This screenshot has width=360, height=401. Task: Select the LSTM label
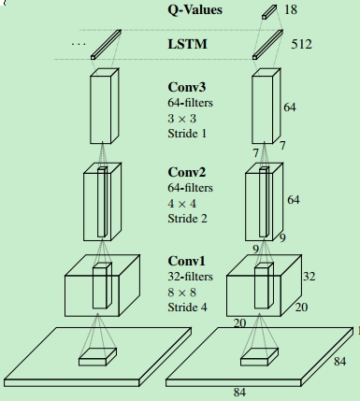pos(188,44)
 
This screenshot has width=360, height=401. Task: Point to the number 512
pos(302,44)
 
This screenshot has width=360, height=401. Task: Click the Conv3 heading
pos(187,88)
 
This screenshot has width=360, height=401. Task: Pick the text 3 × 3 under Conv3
pos(182,118)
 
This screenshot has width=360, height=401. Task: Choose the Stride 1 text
pos(187,133)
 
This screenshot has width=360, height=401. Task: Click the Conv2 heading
pos(187,173)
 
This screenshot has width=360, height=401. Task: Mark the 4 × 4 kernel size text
pos(182,203)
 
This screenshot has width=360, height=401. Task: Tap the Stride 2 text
pos(187,218)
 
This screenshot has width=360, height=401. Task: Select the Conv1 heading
pos(187,261)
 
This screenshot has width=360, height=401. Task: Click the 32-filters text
pos(190,276)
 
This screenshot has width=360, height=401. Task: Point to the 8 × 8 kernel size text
pos(182,292)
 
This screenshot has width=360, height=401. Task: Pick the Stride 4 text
pos(187,307)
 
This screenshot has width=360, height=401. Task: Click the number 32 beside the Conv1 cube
pos(310,277)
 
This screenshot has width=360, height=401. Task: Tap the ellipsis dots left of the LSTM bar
pos(79,44)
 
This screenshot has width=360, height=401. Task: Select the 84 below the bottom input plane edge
pos(240,393)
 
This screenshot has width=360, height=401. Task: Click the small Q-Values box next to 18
pos(269,11)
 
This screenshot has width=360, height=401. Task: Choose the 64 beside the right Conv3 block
pos(290,107)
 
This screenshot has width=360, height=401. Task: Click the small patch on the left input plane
pos(97,355)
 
